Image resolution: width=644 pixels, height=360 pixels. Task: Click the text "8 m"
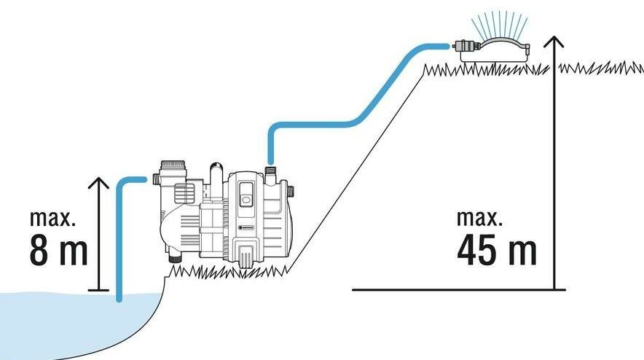59,249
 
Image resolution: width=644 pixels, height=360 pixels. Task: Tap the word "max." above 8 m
54,218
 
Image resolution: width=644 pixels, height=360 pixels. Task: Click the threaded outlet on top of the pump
271,176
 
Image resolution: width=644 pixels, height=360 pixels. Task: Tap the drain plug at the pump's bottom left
174,259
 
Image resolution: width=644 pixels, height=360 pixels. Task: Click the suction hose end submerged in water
119,294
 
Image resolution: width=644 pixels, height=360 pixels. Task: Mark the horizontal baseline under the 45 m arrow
452,289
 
